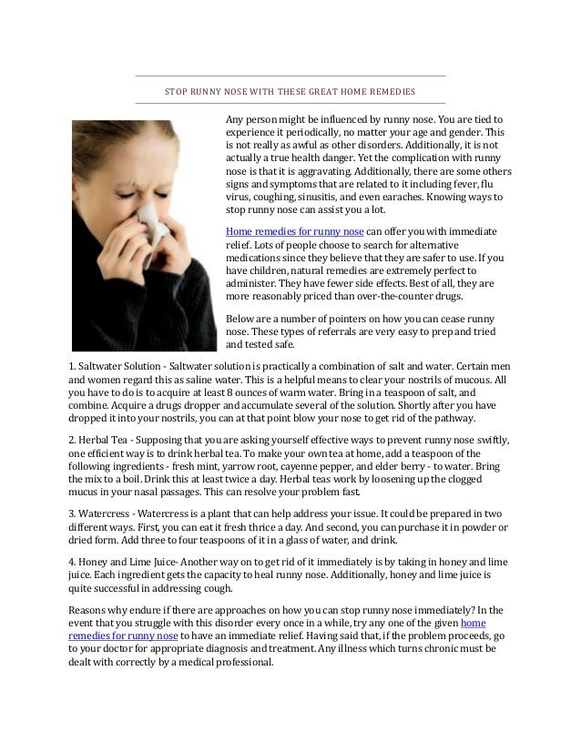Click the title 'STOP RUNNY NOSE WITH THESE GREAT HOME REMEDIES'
290,92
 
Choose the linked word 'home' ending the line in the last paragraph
474,623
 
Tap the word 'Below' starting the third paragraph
240,320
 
